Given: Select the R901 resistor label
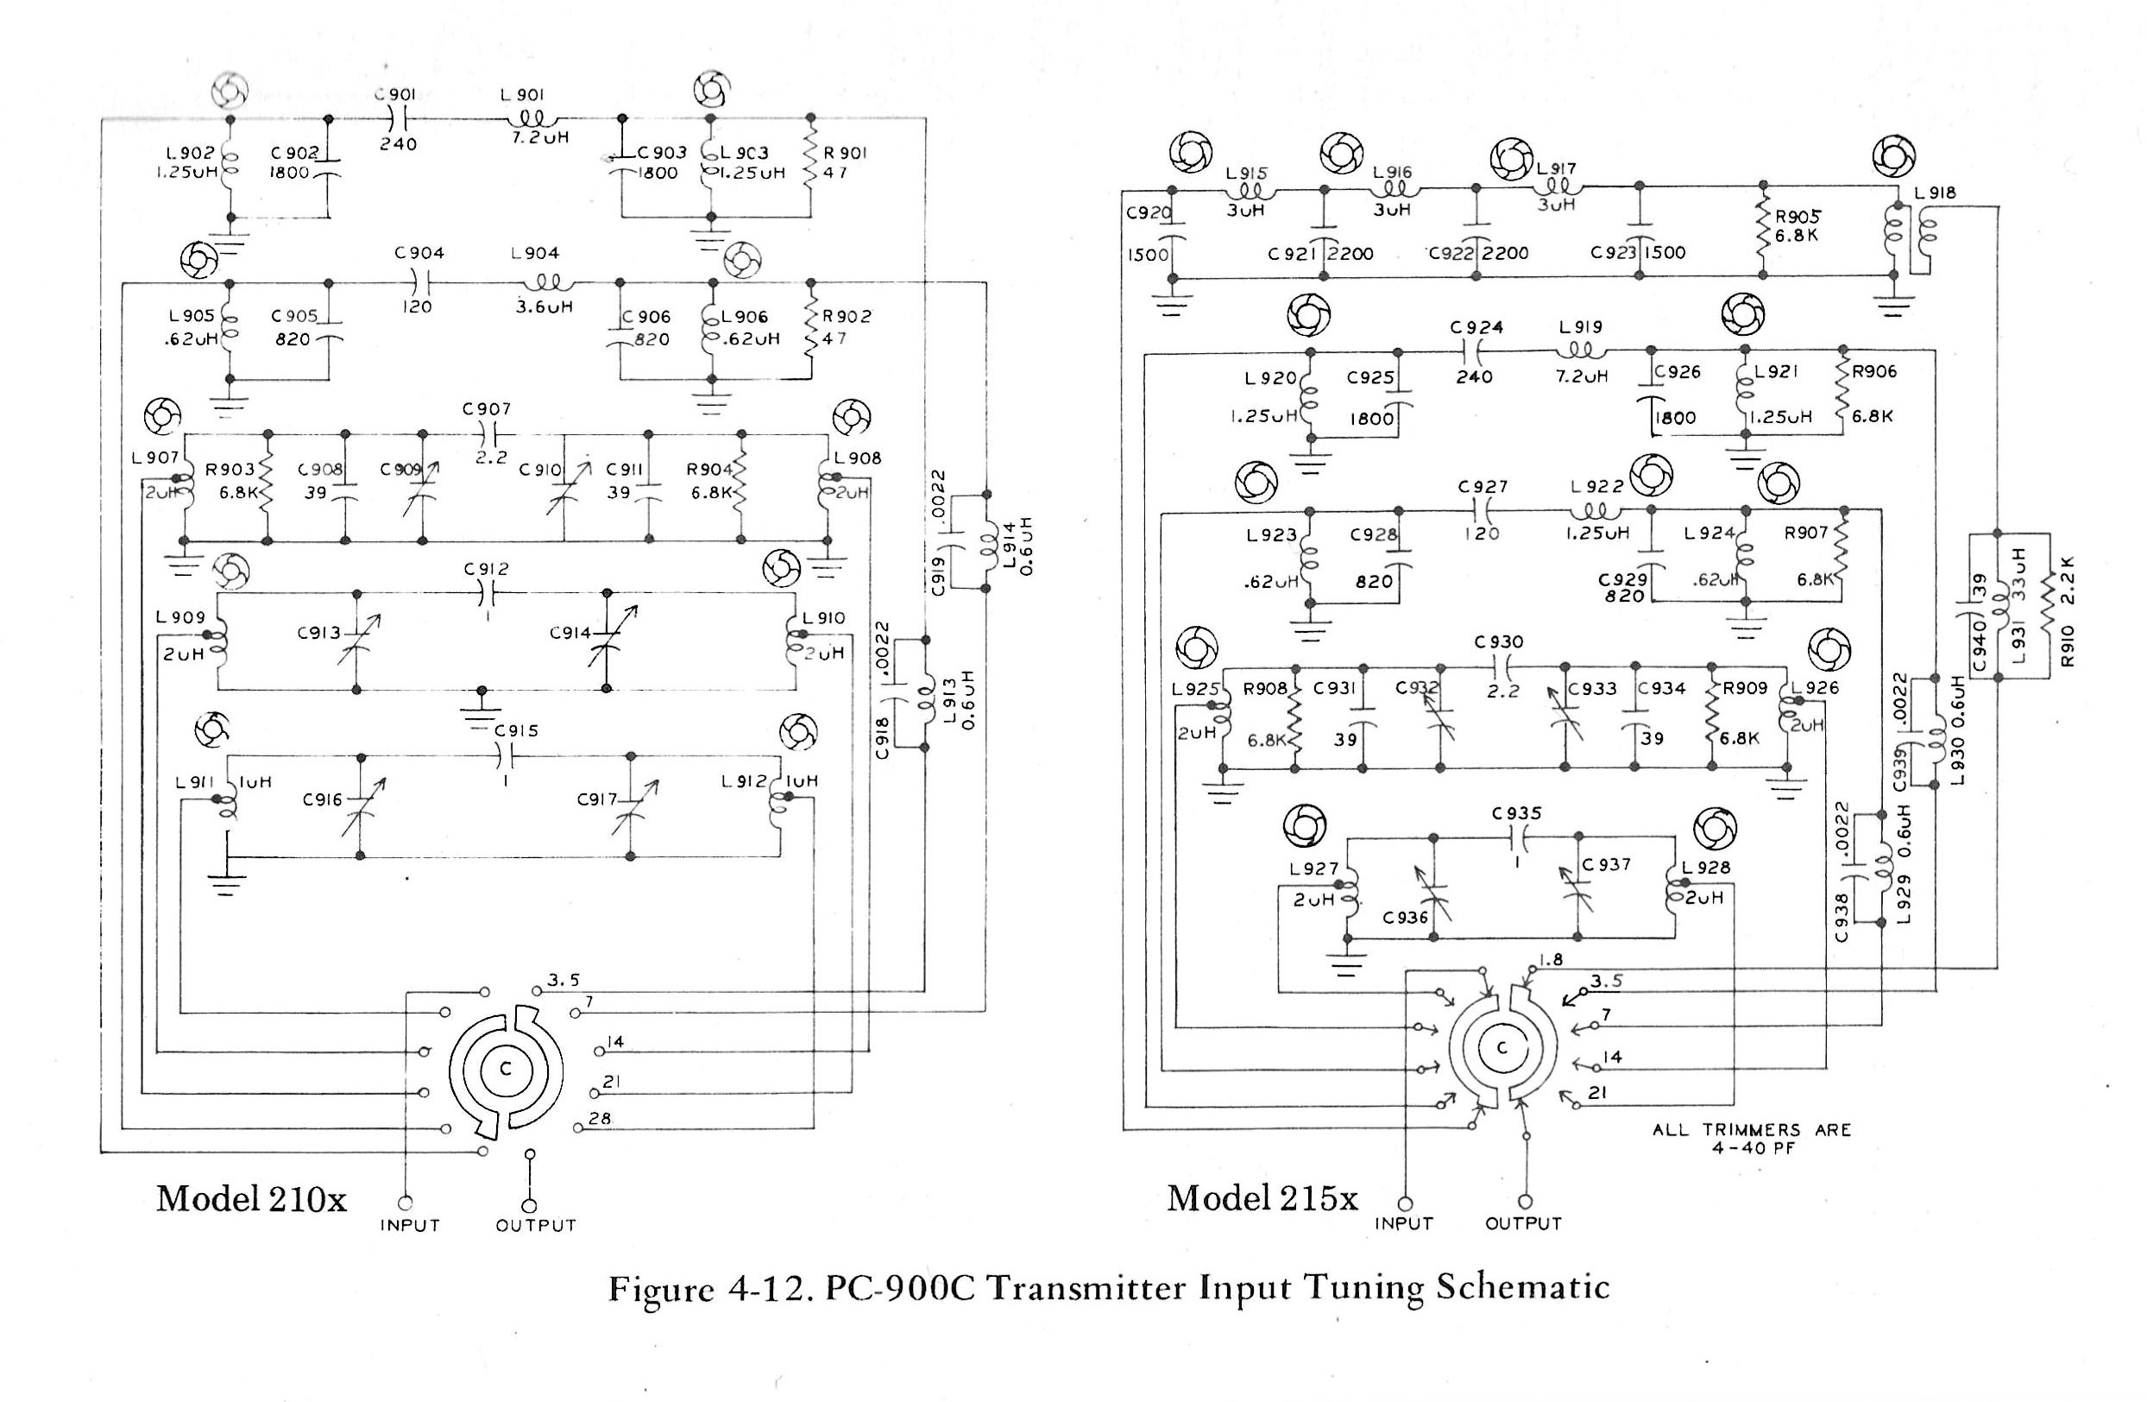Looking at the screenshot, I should [844, 154].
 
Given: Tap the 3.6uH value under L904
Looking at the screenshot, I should [544, 306].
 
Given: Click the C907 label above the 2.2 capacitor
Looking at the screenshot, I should [488, 409].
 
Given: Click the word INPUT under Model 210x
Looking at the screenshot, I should [410, 1225].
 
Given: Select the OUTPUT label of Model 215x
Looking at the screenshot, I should [1524, 1223].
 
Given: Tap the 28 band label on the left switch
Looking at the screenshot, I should [600, 1118].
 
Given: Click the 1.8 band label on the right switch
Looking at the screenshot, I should [1551, 960].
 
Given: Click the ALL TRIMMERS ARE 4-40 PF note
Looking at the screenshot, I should [1752, 1139].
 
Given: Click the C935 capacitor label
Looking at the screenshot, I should [1516, 813].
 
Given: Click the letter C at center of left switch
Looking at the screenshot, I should [506, 1069].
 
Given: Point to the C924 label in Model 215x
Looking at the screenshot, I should [1476, 327].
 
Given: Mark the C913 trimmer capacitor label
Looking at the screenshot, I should [318, 634].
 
